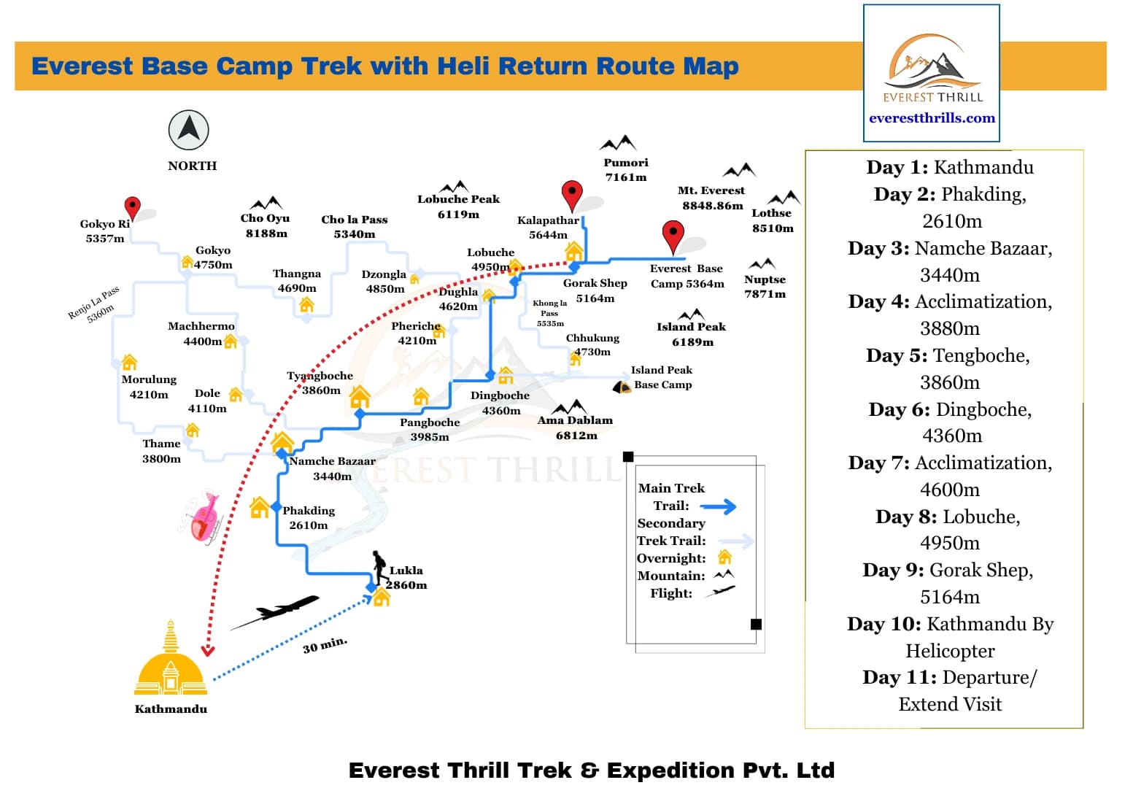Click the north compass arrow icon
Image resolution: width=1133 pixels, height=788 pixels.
(x=189, y=130)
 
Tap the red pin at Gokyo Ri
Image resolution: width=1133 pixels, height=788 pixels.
(x=132, y=207)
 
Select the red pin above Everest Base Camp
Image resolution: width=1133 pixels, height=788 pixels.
(x=673, y=236)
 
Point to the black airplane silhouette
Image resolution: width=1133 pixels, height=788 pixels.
(x=277, y=611)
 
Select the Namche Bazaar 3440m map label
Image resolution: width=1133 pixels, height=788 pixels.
(x=332, y=468)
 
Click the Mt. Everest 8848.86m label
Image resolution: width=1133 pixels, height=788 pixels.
(x=711, y=198)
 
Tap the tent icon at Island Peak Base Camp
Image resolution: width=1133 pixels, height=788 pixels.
(x=622, y=387)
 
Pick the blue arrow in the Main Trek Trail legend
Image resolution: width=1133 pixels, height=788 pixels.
(x=719, y=506)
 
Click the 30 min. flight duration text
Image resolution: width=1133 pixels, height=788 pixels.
(x=325, y=645)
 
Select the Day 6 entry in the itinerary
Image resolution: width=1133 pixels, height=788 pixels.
(x=950, y=422)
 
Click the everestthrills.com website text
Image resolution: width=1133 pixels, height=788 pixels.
(x=932, y=118)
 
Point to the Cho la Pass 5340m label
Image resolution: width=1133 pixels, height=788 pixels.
(x=355, y=226)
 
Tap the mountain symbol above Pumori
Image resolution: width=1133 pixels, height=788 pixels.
(x=618, y=143)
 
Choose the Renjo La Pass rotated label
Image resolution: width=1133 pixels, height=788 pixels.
(x=93, y=304)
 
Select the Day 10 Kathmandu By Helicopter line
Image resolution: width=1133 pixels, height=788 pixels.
(x=950, y=637)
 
